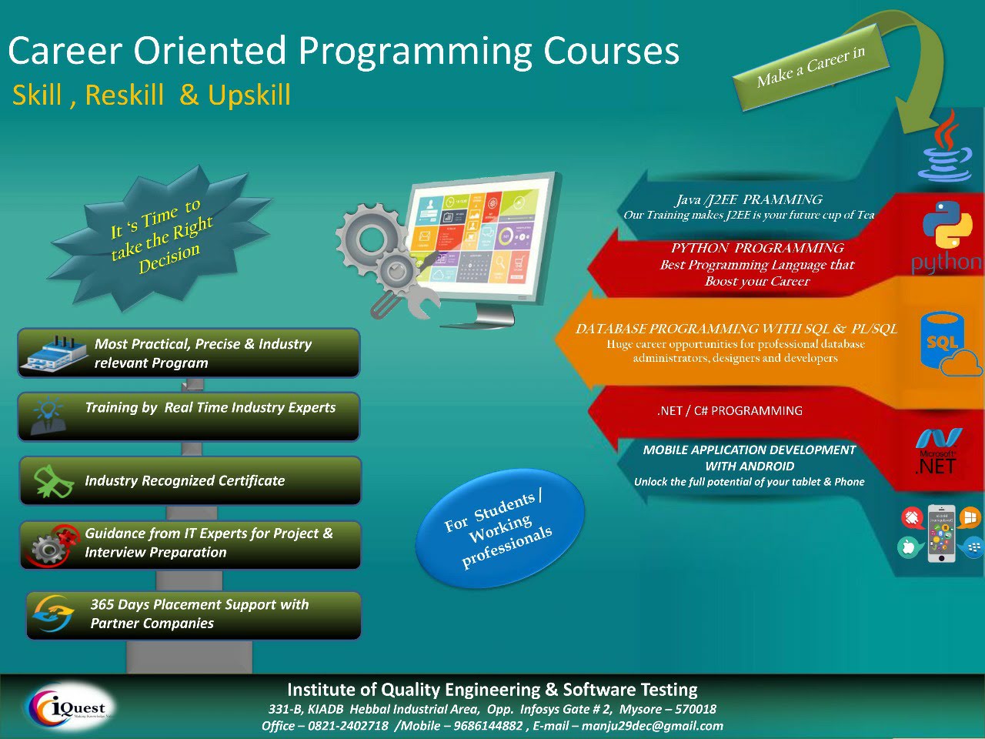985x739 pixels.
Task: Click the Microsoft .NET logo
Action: coord(937,451)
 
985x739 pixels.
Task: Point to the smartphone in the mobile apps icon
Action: coord(941,533)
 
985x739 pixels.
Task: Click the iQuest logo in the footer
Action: coord(68,707)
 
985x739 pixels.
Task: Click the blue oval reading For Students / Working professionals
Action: coord(500,528)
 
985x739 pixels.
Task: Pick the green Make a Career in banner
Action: coord(810,67)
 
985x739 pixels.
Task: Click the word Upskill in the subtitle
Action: coord(249,95)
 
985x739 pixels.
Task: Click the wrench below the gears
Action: coord(422,302)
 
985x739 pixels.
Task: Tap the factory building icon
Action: coord(55,354)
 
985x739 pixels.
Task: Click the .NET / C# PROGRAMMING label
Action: coord(730,410)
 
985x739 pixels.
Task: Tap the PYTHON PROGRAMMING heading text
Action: coord(757,248)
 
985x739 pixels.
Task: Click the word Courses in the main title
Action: coord(611,51)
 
